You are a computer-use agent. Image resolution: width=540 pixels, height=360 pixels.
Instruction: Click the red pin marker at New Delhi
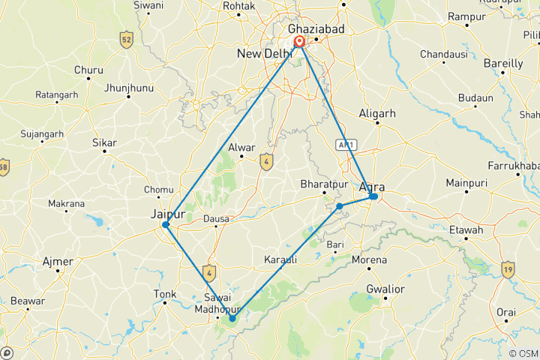pyautogui.click(x=299, y=42)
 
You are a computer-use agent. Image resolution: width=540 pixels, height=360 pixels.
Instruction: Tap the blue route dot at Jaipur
pyautogui.click(x=166, y=225)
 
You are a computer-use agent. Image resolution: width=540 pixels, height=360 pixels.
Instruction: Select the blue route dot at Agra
pyautogui.click(x=373, y=196)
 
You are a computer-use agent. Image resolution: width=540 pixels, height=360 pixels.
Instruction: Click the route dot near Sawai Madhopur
pyautogui.click(x=232, y=319)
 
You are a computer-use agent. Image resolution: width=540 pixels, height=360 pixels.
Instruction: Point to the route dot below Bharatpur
pyautogui.click(x=340, y=205)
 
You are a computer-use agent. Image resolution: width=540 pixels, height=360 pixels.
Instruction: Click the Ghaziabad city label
pyautogui.click(x=314, y=28)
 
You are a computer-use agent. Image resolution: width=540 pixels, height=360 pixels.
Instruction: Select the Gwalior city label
pyautogui.click(x=385, y=289)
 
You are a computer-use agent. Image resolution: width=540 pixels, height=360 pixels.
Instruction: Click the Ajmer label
pyautogui.click(x=58, y=262)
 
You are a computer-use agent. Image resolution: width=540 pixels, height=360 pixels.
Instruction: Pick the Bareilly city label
pyautogui.click(x=503, y=64)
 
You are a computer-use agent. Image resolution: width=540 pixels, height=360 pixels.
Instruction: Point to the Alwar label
pyautogui.click(x=241, y=148)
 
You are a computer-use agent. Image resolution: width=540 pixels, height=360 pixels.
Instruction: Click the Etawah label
pyautogui.click(x=467, y=230)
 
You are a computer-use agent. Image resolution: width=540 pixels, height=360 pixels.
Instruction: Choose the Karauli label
pyautogui.click(x=280, y=259)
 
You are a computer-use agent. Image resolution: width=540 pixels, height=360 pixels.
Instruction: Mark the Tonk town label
pyautogui.click(x=164, y=293)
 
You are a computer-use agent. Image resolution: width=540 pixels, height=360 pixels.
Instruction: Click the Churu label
pyautogui.click(x=88, y=70)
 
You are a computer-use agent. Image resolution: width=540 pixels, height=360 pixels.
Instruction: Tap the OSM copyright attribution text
pyautogui.click(x=522, y=353)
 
